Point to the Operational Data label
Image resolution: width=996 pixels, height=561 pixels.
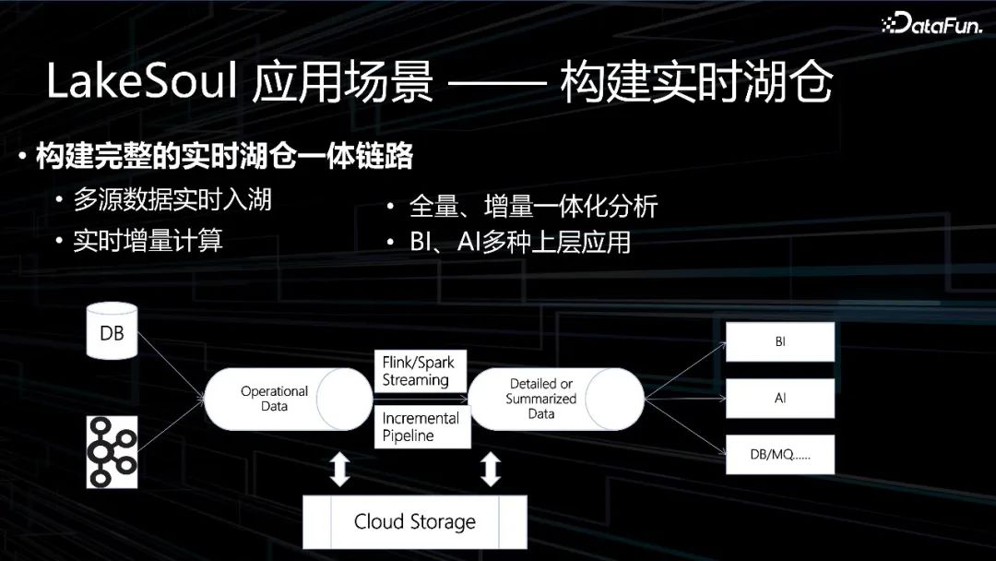click(x=274, y=399)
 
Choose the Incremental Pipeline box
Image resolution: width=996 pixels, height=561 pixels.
click(x=421, y=427)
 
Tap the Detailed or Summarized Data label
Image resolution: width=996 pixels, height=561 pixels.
click(x=541, y=399)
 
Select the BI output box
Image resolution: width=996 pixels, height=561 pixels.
click(x=780, y=341)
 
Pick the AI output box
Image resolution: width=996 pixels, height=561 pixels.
click(x=780, y=399)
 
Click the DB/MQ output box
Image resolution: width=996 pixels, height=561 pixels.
click(x=780, y=455)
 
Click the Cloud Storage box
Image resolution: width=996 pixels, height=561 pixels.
click(x=415, y=521)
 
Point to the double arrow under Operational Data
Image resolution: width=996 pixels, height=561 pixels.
click(x=340, y=469)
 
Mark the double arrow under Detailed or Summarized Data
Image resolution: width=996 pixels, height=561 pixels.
click(x=491, y=469)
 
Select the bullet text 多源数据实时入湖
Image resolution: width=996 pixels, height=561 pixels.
click(x=172, y=200)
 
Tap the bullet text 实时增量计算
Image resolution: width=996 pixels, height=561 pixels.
click(x=148, y=242)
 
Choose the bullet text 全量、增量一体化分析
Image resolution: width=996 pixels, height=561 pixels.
click(x=533, y=207)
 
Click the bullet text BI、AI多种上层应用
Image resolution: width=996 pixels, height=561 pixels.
click(x=520, y=243)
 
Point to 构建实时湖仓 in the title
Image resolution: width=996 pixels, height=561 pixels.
click(x=696, y=84)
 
